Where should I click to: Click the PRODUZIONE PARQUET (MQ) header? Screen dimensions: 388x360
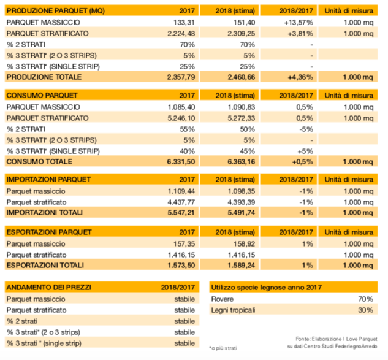click(x=55, y=11)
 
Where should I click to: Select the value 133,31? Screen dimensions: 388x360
click(x=184, y=23)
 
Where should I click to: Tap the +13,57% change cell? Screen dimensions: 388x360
click(x=299, y=23)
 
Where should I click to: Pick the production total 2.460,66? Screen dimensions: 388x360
click(x=242, y=77)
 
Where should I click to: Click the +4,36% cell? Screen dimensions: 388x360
click(x=300, y=77)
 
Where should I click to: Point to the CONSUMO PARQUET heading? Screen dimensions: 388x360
click(x=42, y=96)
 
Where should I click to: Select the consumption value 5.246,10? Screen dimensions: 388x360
click(x=181, y=118)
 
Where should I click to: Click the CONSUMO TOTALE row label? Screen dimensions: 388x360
click(x=39, y=162)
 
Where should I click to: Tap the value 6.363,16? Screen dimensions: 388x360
click(x=242, y=162)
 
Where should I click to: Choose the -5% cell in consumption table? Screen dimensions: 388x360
click(x=306, y=129)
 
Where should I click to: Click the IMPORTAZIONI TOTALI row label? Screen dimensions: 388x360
click(x=45, y=213)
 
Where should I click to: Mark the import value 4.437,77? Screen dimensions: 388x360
click(x=181, y=202)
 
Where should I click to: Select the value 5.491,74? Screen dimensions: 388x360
click(x=242, y=213)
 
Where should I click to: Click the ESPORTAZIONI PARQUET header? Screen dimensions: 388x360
click(x=49, y=232)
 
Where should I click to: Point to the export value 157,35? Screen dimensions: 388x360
click(x=184, y=244)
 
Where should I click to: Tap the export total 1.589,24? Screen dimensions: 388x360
click(x=242, y=266)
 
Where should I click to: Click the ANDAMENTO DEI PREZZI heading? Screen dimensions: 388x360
click(x=49, y=288)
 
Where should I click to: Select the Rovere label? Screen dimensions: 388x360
click(x=223, y=299)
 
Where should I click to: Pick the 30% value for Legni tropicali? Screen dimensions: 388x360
click(x=365, y=310)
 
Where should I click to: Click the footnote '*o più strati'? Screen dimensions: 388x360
click(x=223, y=348)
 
